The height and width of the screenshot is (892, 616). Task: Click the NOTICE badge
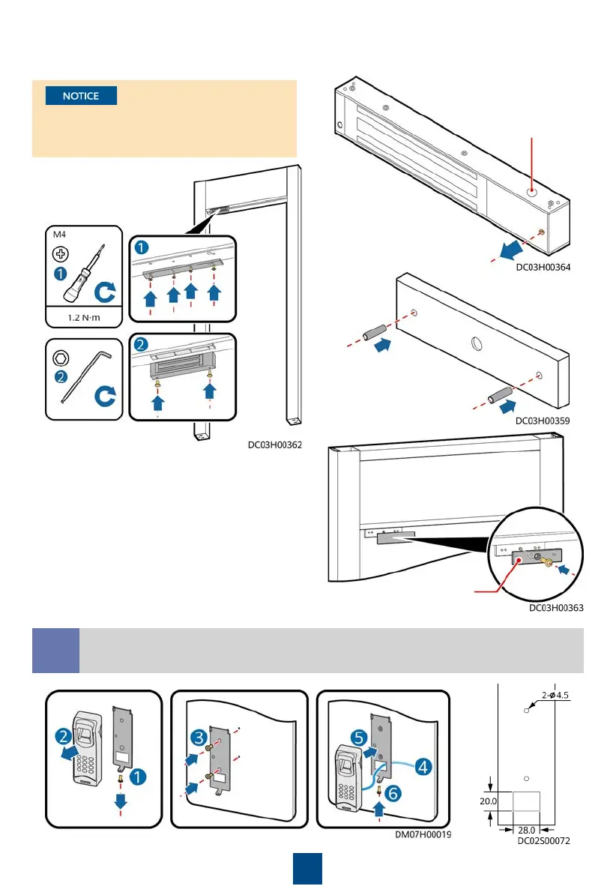[x=81, y=96]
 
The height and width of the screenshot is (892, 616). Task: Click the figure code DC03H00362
[x=275, y=445]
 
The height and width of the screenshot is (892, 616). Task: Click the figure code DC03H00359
[x=543, y=421]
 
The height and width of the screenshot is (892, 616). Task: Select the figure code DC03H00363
[x=556, y=608]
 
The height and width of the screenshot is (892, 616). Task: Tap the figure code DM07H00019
[x=424, y=832]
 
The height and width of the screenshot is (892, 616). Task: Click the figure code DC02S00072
[x=544, y=841]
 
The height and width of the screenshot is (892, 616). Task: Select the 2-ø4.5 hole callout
[x=555, y=694]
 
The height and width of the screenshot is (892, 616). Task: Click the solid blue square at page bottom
[x=307, y=868]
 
